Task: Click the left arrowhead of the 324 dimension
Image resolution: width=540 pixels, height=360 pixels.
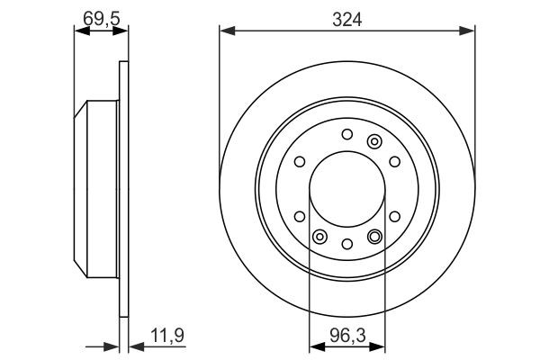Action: [x=225, y=32]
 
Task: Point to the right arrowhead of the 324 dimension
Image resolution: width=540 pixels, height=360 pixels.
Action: [x=470, y=32]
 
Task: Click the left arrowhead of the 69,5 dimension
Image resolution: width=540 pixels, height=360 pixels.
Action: [x=78, y=32]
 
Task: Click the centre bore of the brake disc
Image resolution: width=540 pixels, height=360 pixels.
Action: [x=347, y=189]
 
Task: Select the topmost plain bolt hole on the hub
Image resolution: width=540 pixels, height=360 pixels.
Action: [x=347, y=135]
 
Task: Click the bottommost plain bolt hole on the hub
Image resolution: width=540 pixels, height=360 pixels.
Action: [x=347, y=243]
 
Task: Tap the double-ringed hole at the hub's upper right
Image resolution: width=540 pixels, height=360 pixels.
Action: [x=374, y=141]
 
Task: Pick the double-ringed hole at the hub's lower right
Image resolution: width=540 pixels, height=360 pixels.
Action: [x=374, y=237]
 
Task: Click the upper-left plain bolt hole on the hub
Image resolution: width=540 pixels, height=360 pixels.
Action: [x=300, y=163]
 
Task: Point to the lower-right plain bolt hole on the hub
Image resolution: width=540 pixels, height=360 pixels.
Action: [x=395, y=216]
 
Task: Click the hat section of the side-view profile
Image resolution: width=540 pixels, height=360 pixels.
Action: [x=97, y=189]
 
